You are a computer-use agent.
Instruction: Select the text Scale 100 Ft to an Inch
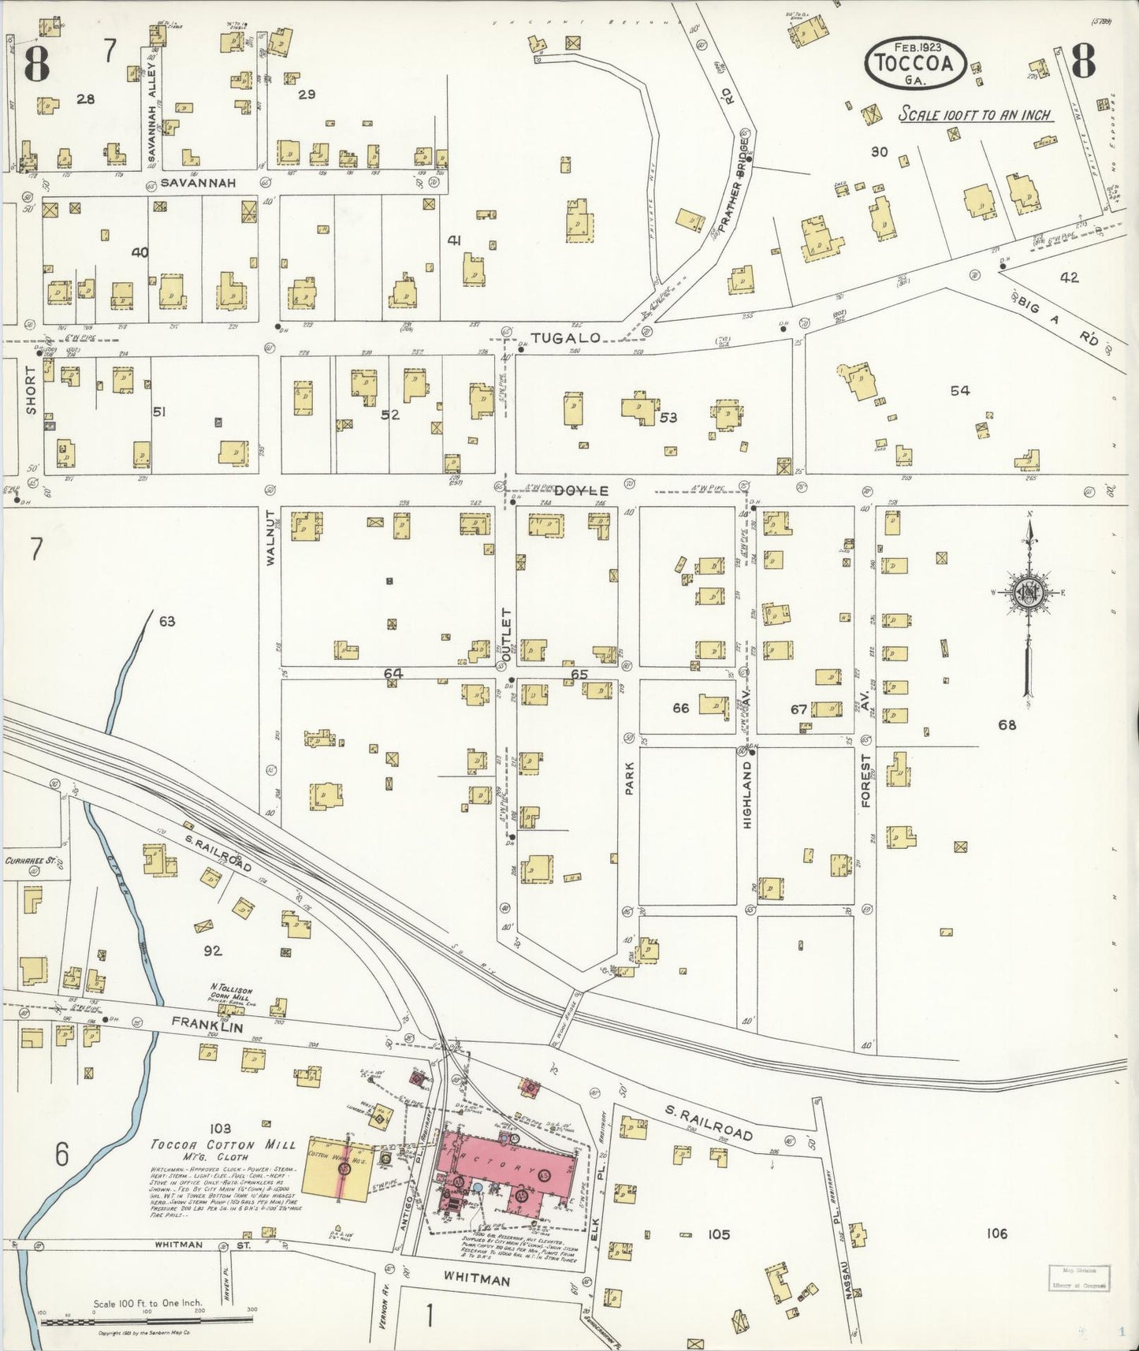(x=975, y=115)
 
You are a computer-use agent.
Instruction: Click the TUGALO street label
(x=565, y=337)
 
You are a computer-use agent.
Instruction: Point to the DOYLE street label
(x=581, y=489)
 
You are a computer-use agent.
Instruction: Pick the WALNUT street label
(x=270, y=538)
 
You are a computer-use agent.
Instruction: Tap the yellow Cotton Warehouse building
(x=339, y=1169)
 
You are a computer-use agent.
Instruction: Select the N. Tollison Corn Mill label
(x=231, y=991)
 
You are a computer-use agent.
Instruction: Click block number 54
(x=959, y=391)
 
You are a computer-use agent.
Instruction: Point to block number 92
(x=213, y=951)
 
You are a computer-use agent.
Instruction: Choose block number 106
(x=996, y=1234)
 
